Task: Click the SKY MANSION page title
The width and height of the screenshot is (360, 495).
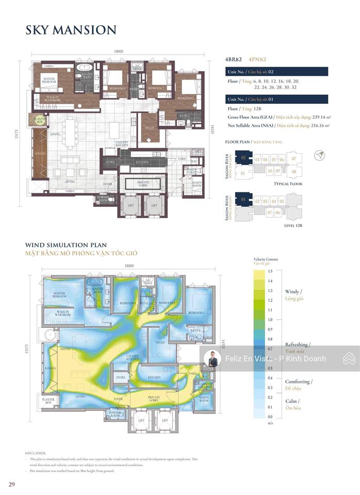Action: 71,30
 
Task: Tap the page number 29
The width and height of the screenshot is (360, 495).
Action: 11,484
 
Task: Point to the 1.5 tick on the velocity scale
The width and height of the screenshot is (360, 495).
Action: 269,271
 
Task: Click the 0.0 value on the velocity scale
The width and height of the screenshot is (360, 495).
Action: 269,417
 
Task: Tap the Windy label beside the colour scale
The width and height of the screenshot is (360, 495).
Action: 294,292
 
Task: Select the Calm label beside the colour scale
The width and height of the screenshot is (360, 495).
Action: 292,401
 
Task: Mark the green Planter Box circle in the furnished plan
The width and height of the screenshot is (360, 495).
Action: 40,120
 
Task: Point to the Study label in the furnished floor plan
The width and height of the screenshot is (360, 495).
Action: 150,127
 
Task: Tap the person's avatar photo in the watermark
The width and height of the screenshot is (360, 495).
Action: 211,358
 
